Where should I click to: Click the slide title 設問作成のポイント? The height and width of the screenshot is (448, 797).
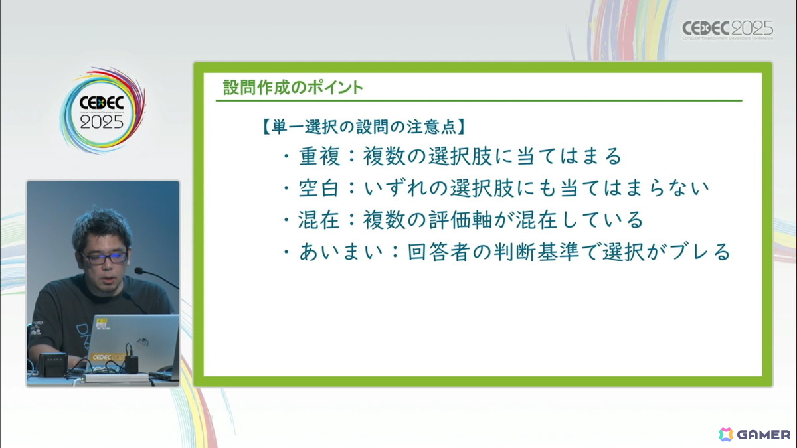tap(293, 88)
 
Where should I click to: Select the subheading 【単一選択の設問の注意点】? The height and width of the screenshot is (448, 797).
tap(364, 127)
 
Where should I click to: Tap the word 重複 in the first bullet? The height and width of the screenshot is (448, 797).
tap(319, 157)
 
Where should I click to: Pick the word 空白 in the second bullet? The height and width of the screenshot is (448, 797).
tap(319, 188)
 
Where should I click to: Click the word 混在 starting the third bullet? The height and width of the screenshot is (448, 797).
tap(319, 220)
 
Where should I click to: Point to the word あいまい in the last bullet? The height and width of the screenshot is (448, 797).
tap(341, 252)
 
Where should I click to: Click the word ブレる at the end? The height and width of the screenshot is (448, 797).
tap(699, 252)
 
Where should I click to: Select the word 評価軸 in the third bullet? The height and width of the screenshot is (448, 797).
tap(461, 220)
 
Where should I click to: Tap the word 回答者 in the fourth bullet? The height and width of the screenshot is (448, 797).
tap(439, 252)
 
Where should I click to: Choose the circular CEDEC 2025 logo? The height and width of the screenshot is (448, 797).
tap(102, 111)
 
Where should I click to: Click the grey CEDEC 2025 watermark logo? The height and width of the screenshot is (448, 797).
tap(728, 30)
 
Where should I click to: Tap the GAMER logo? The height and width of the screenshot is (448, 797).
tap(754, 435)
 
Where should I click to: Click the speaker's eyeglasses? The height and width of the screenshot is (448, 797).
tap(104, 258)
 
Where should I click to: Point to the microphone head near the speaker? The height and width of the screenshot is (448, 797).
tap(138, 271)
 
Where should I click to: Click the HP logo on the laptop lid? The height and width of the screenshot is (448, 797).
tap(143, 342)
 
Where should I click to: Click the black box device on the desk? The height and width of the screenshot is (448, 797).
tap(52, 364)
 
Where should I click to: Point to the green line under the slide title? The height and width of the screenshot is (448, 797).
tap(479, 101)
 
